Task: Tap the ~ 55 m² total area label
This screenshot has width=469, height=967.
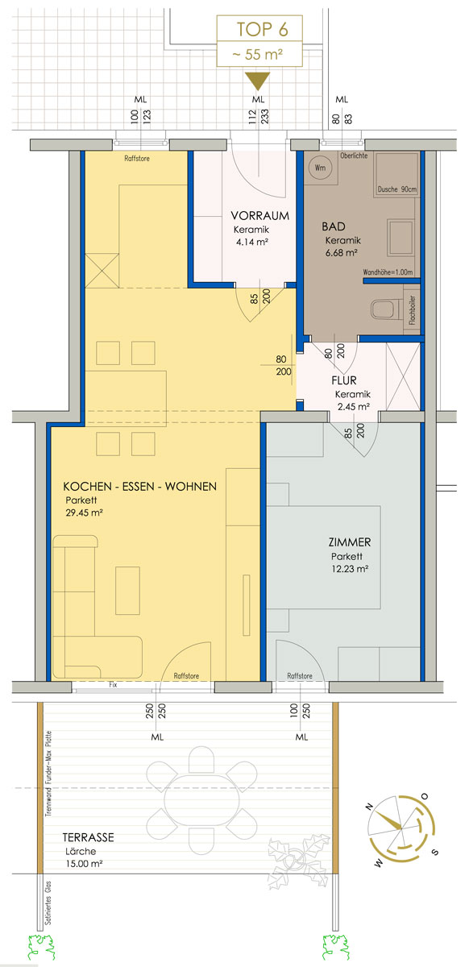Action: coord(257,55)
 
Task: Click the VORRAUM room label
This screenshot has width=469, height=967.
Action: coord(260,215)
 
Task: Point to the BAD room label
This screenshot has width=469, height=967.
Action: coord(334,226)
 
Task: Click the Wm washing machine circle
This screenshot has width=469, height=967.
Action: coord(320,168)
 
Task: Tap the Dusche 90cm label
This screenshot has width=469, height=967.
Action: coord(397,189)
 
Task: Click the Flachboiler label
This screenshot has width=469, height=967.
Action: coord(412,310)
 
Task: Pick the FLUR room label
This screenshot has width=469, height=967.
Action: coord(344,380)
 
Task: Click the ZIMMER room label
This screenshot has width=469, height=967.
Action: coord(350,542)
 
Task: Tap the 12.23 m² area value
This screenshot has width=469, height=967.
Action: coord(350,569)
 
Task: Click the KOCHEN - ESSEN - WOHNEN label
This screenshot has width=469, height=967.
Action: coord(140,487)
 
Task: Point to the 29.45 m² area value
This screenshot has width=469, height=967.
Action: coord(85,513)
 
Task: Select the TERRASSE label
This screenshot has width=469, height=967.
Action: coord(89,837)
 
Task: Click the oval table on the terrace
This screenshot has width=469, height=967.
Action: coord(201,800)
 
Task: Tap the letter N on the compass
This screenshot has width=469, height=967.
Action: coord(369,806)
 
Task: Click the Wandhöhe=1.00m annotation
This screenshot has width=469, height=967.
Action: coord(388,272)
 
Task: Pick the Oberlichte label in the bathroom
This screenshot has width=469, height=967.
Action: coord(354,156)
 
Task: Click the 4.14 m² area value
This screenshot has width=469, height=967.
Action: coord(252,243)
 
